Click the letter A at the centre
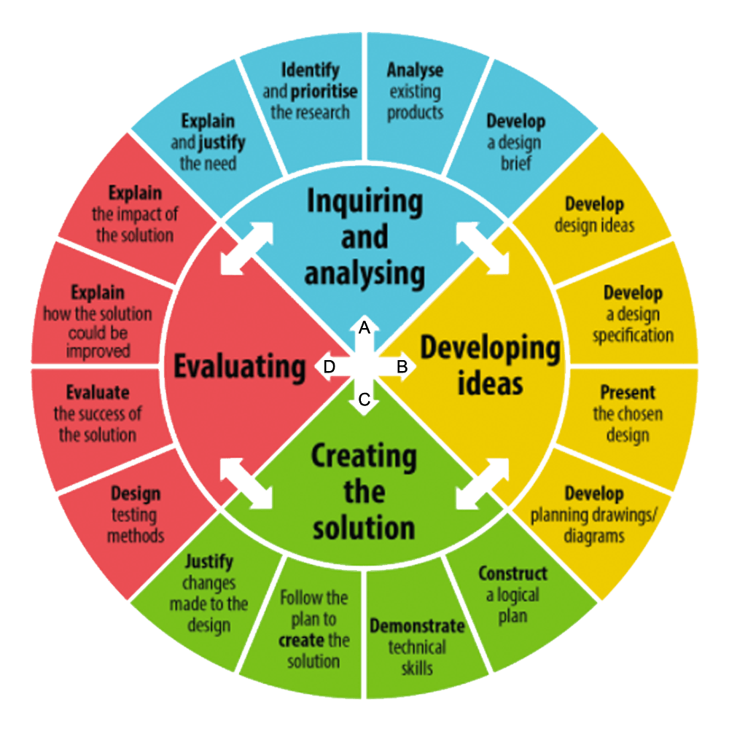point(364,329)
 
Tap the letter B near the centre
point(401,367)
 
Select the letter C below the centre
point(364,399)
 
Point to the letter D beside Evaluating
point(329,367)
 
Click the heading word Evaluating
point(239,367)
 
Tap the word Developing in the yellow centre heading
point(490,349)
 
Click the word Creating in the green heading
point(364,457)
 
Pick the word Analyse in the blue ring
point(415,71)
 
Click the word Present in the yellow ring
point(628,393)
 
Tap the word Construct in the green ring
point(512,574)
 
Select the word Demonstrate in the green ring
point(417,626)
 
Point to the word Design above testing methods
point(135,495)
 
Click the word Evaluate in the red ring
point(98,393)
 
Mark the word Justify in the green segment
point(208,562)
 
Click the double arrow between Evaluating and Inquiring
point(246,249)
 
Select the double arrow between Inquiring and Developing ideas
point(483,249)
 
